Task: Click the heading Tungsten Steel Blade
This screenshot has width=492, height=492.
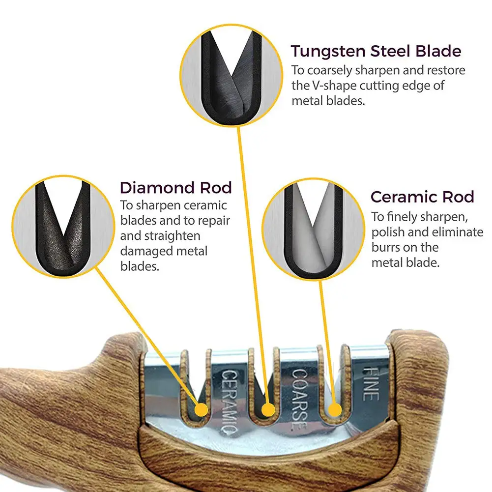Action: (x=376, y=51)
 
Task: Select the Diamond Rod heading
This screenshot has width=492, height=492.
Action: (x=175, y=188)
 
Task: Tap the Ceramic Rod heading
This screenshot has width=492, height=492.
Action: (x=422, y=197)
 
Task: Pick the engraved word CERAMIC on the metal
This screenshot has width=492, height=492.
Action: (x=229, y=403)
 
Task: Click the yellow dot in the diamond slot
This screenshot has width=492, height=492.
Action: (x=201, y=410)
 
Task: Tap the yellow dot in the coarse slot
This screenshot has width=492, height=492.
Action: (x=268, y=409)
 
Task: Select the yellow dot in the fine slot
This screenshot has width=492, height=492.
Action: (x=335, y=410)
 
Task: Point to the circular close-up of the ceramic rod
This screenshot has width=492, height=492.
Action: (x=313, y=230)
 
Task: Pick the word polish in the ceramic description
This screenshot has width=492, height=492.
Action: (x=386, y=232)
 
